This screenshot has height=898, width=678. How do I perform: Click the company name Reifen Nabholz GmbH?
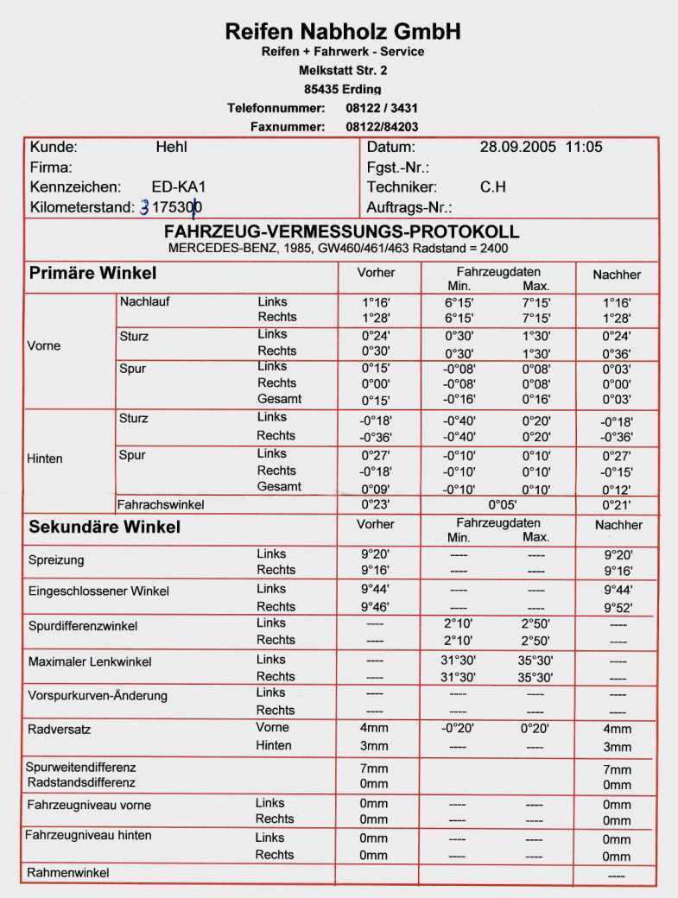(x=343, y=32)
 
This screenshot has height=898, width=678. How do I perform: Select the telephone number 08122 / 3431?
(x=382, y=108)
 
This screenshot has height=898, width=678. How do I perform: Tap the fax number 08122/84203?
(x=382, y=127)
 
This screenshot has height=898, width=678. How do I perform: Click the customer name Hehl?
(x=171, y=148)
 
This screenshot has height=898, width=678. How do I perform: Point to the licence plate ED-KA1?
(x=177, y=187)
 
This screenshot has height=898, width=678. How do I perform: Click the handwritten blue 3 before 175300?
(x=144, y=208)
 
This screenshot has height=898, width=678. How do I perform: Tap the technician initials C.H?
(x=492, y=187)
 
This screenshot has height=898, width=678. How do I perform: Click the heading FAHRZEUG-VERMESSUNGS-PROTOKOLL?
(x=342, y=232)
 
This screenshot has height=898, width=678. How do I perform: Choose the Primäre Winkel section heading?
(x=93, y=274)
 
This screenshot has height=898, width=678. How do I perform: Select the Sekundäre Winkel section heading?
(x=105, y=526)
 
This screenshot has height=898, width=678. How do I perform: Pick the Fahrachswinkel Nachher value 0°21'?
(x=617, y=504)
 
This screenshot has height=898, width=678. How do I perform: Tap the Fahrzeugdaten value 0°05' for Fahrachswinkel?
(x=502, y=504)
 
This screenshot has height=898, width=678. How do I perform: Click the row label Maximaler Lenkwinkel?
(x=90, y=661)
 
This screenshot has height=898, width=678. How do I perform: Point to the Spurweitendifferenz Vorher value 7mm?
(x=374, y=768)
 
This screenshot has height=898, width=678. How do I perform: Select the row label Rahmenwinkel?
(x=69, y=873)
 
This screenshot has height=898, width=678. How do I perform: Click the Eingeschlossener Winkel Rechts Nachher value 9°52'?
(x=617, y=607)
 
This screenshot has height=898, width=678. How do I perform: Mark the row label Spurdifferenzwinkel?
(x=82, y=626)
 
